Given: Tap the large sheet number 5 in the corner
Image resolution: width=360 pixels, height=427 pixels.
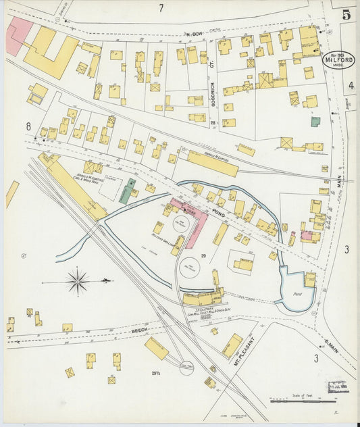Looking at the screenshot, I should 345,15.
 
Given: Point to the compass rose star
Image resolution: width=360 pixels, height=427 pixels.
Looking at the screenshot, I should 78,280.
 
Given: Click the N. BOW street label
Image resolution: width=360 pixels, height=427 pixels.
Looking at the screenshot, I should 195,33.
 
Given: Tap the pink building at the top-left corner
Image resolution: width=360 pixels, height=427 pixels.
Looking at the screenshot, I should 18,35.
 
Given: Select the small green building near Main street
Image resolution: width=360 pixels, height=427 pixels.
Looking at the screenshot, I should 315,122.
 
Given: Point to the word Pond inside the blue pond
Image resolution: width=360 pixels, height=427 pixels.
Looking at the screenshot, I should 296,295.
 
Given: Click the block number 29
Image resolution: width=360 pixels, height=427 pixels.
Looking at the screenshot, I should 203,256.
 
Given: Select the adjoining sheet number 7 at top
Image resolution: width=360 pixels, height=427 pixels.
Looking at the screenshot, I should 161,8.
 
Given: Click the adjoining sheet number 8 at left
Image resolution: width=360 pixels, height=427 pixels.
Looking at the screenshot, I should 28,126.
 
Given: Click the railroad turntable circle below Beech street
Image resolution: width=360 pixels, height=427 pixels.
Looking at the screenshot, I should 186,368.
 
